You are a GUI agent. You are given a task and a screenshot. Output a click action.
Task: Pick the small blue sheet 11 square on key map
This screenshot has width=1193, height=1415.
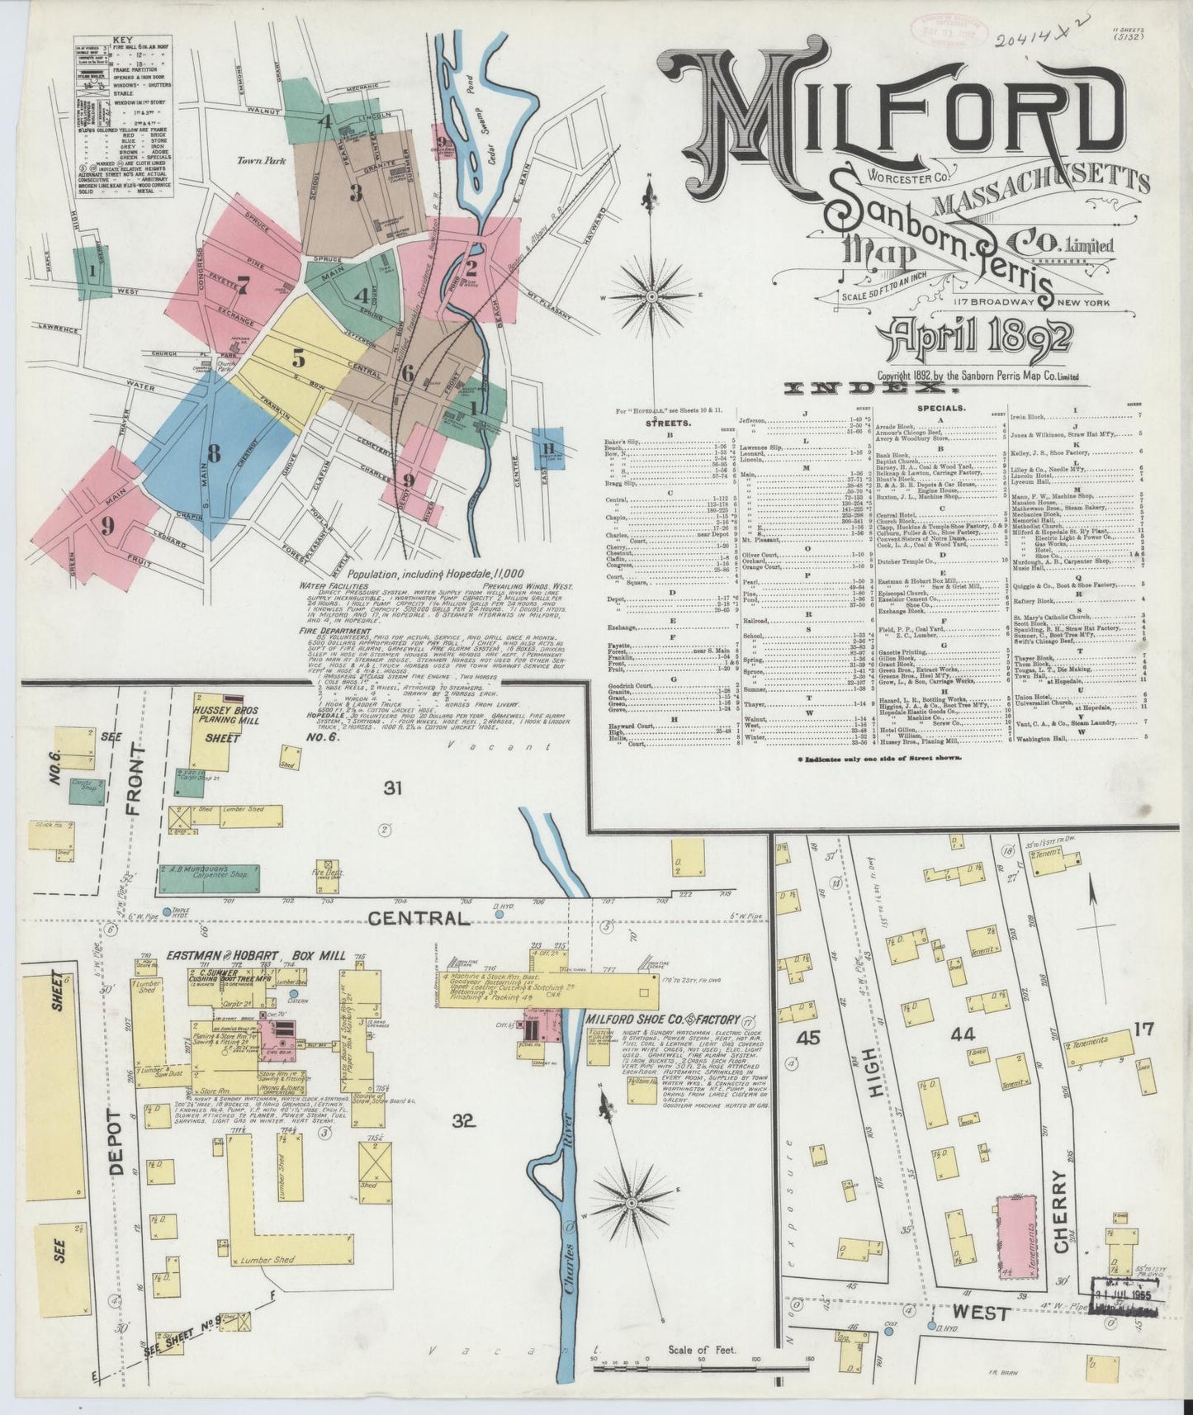click(547, 448)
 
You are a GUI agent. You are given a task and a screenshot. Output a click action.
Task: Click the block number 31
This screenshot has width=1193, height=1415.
click(393, 788)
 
